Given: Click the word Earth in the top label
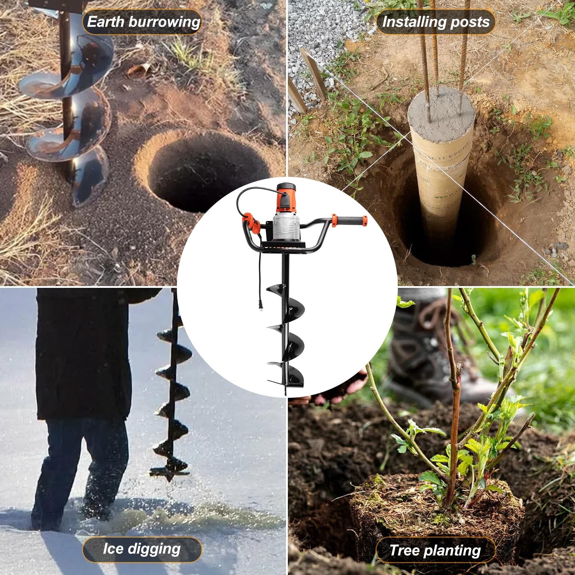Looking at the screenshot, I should click(106, 22).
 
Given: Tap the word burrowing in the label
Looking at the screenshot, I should click(164, 22).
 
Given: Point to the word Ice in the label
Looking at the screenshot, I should click(113, 549).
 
